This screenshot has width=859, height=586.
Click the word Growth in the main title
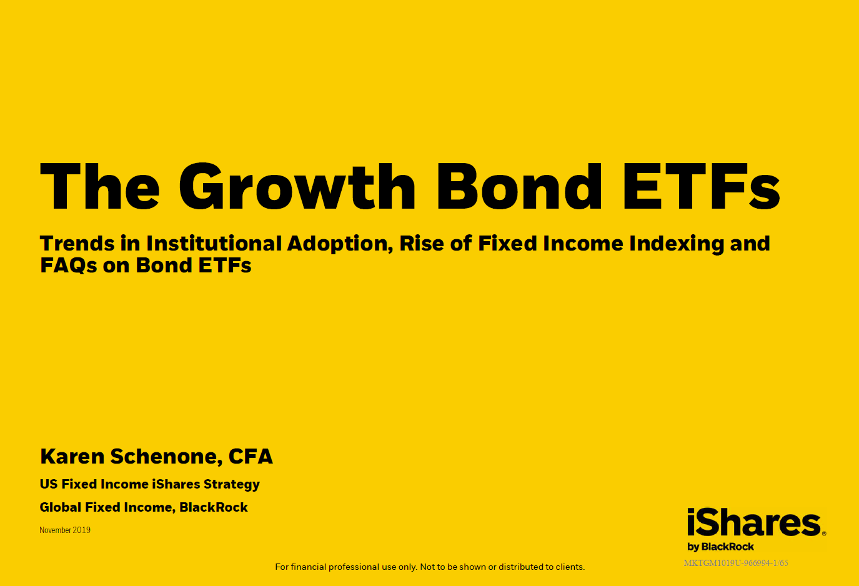click(297, 186)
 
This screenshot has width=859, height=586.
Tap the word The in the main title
click(100, 186)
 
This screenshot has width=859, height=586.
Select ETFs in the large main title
click(702, 186)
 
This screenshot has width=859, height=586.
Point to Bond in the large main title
click(519, 186)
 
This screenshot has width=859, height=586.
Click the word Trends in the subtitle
click(77, 244)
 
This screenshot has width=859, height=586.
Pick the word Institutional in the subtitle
click(214, 244)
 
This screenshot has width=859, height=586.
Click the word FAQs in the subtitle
click(69, 266)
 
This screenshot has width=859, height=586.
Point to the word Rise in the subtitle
click(422, 244)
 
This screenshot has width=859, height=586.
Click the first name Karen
click(72, 457)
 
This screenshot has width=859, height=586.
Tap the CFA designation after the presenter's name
click(251, 457)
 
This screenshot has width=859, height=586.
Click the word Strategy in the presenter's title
click(232, 485)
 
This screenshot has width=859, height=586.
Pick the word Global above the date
click(60, 507)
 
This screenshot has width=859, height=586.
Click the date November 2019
click(65, 530)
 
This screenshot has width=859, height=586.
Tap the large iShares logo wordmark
click(754, 522)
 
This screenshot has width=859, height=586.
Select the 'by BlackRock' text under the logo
click(720, 547)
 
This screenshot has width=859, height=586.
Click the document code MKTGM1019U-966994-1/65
click(736, 563)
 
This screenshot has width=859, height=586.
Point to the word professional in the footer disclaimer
click(352, 567)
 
